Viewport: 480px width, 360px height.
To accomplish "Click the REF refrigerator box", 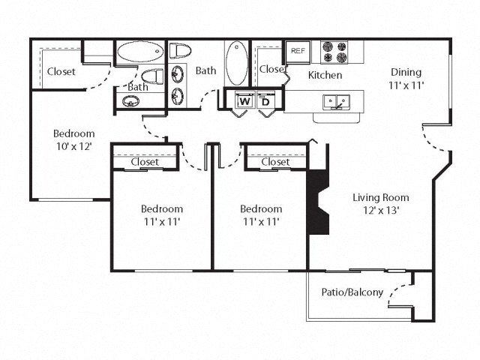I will tap(298, 52).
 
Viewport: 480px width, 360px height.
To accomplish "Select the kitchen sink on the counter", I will tap(334, 100).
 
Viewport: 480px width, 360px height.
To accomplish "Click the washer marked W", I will tap(244, 101).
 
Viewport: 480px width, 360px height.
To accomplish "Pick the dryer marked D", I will tap(265, 101).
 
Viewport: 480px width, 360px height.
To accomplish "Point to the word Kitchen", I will tap(325, 76).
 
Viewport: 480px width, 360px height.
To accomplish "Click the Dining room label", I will tap(406, 73).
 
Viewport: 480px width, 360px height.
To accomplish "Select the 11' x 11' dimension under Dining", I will tap(406, 85).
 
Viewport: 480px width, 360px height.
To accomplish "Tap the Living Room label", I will tap(380, 198).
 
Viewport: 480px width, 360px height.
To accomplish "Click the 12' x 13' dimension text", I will tap(380, 211).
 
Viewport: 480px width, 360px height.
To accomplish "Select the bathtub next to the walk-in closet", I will tap(140, 53).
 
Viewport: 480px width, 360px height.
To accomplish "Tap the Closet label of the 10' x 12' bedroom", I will tap(61, 73).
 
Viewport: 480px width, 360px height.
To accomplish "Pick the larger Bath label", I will tap(206, 71).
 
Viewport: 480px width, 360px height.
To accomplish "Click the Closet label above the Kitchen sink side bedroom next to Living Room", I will tap(275, 162).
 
